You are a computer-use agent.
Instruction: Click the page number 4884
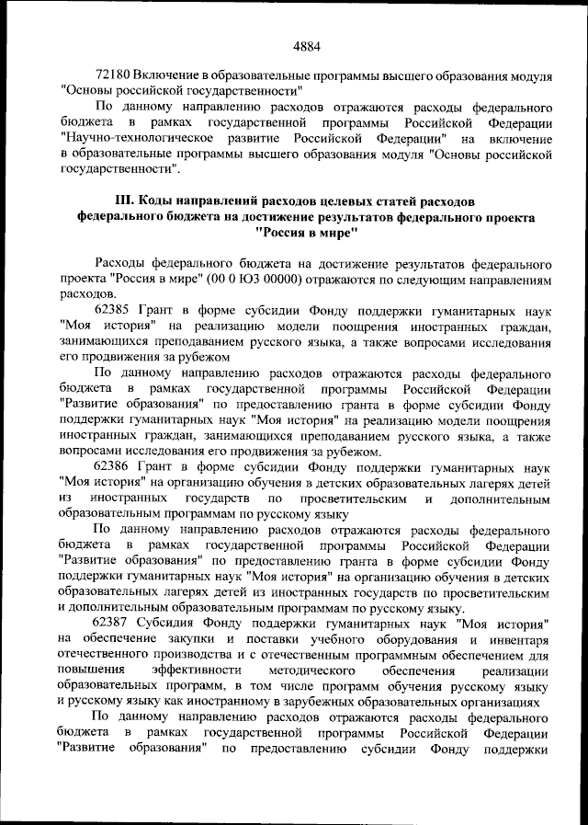point(306,43)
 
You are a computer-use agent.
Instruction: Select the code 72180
point(113,74)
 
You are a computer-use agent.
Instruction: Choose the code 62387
point(113,622)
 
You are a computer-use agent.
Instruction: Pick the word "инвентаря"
point(519,637)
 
